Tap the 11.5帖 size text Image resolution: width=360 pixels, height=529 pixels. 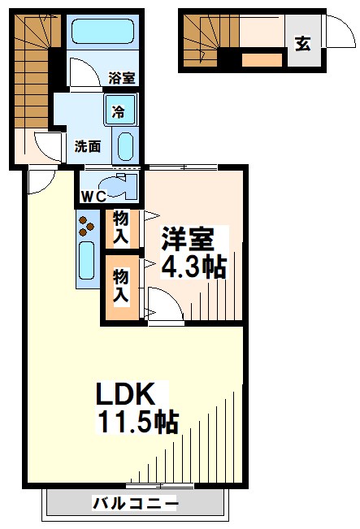(x=138, y=423)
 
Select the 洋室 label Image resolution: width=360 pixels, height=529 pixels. (x=188, y=240)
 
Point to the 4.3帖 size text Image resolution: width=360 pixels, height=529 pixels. (x=193, y=267)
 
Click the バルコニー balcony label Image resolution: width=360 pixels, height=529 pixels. (x=135, y=505)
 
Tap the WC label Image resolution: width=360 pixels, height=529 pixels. (x=92, y=196)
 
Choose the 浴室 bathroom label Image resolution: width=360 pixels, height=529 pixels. (x=122, y=79)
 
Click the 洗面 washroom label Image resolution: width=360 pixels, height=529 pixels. (x=87, y=146)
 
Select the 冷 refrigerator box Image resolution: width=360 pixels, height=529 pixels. (x=119, y=110)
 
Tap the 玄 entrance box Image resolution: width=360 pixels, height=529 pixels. (x=302, y=44)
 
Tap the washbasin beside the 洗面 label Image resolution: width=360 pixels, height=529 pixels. (x=124, y=147)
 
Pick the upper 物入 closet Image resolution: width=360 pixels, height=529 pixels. (x=119, y=228)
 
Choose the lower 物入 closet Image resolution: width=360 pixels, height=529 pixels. (x=119, y=287)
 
